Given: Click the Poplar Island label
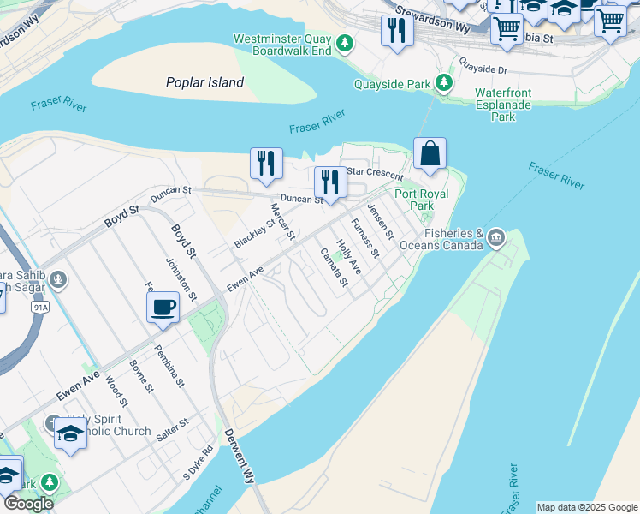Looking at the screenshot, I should (204, 82).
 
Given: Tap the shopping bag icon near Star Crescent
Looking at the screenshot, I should (430, 154).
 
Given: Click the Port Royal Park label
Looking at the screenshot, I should (421, 200).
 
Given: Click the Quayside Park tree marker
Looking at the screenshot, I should (444, 83).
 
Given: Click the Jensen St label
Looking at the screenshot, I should (380, 221).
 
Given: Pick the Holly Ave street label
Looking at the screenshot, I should (348, 257).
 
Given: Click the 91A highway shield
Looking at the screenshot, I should (39, 306).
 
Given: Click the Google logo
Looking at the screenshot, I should (28, 504).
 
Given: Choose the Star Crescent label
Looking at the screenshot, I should (374, 173).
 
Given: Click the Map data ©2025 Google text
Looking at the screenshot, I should (587, 507).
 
